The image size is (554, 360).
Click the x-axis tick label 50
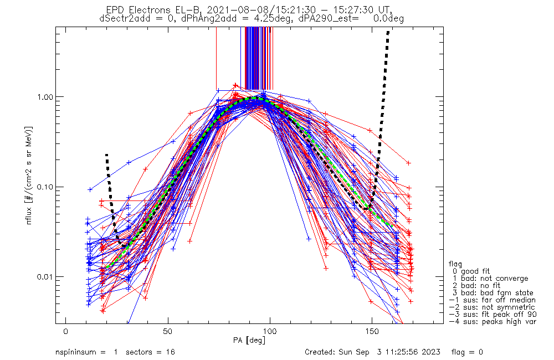click(168, 331)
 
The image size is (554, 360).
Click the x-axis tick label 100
click(270, 331)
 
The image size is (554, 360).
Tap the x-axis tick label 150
click(372, 331)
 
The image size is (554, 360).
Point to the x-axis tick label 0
click(66, 331)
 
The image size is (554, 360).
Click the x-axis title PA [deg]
click(249, 341)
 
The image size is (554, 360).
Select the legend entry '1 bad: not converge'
click(490, 279)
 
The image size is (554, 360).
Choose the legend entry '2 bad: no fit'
click(476, 285)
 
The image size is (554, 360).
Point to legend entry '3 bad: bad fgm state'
click(493, 293)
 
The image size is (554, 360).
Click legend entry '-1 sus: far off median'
click(493, 300)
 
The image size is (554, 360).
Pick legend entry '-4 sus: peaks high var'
click(493, 321)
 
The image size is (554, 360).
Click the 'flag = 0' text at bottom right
click(467, 352)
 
